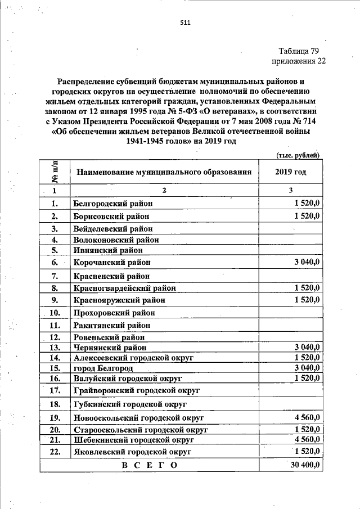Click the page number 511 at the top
point(186,23)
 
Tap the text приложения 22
point(299,61)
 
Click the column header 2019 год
point(291,172)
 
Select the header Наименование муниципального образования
point(164,172)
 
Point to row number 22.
point(55,451)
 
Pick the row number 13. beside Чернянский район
point(55,347)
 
